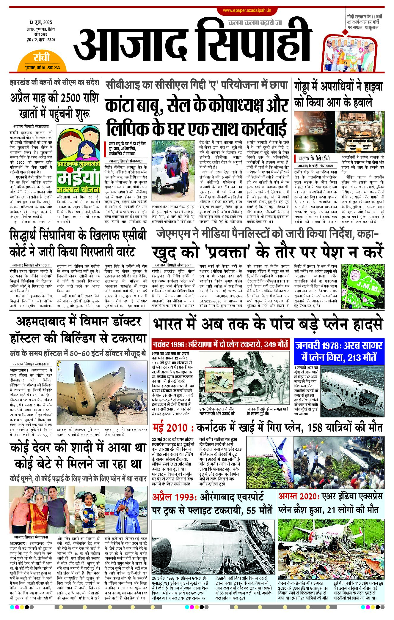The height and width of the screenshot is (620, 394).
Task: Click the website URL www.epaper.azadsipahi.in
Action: [x=247, y=10]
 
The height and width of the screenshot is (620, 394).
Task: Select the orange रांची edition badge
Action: [x=42, y=61]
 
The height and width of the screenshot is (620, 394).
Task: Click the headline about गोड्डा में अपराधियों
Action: [x=338, y=93]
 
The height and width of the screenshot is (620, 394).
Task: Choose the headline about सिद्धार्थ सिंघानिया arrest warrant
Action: [x=78, y=243]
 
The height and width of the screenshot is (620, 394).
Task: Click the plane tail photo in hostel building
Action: [x=102, y=394]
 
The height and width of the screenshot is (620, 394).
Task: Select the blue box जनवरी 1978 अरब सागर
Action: [x=339, y=351]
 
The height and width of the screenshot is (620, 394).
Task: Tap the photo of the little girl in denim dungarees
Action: [x=89, y=510]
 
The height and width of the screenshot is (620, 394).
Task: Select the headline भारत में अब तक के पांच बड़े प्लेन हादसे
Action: [x=267, y=324]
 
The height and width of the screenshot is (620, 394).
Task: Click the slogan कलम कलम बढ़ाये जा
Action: [x=255, y=23]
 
